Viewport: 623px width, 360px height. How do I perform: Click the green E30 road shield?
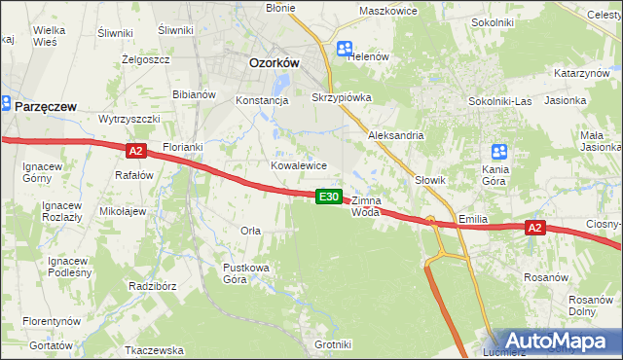[x=330, y=197]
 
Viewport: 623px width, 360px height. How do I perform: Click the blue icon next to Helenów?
[x=345, y=49]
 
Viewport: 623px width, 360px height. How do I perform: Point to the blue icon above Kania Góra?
[x=499, y=152]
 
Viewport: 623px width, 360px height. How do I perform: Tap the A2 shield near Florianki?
[x=135, y=151]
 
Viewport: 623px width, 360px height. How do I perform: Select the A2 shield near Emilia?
[x=534, y=228]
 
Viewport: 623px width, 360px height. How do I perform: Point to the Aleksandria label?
[x=395, y=136]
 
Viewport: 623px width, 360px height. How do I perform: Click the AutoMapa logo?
[x=555, y=342]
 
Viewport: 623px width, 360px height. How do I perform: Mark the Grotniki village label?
[x=332, y=344]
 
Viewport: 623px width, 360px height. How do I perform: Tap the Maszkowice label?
[x=387, y=11]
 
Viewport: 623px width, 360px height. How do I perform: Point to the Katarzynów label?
[x=582, y=74]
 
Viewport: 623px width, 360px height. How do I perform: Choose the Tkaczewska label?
[x=155, y=349]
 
